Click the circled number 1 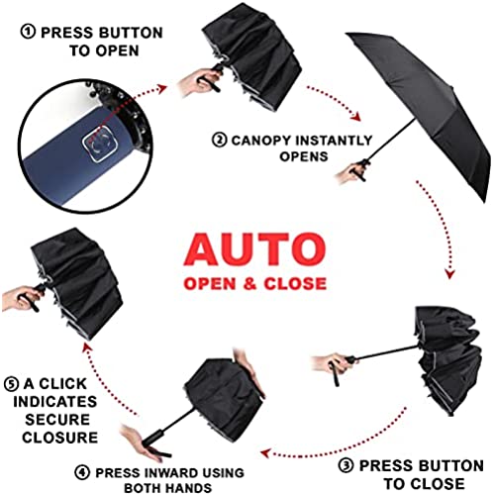28,32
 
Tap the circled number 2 220,140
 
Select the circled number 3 346,465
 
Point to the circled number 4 82,472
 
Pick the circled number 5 11,384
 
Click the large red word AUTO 255,249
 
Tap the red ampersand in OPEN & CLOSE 249,284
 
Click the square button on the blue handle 100,145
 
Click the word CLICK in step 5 62,384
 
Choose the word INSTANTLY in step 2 334,141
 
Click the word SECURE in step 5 57,420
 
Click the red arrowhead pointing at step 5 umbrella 86,347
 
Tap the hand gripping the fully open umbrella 351,173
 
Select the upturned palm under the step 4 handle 142,443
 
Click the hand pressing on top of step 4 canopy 249,372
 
